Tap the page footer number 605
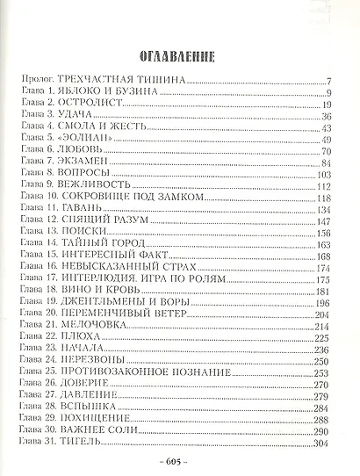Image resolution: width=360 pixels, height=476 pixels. pyautogui.click(x=180, y=461)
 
